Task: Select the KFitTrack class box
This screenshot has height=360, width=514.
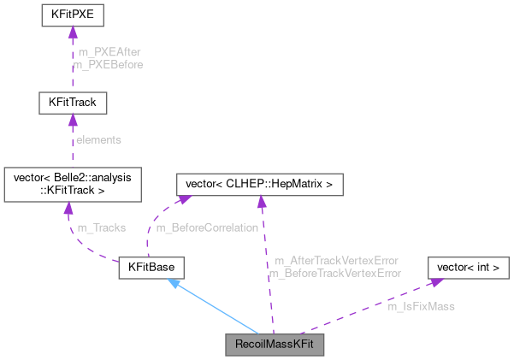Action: click(72, 103)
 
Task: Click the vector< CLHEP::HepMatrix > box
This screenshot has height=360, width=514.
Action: click(259, 184)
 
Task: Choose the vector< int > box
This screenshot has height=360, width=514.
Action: click(468, 268)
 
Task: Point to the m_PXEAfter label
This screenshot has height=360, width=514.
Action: click(109, 52)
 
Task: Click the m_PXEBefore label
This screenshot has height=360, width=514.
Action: click(109, 64)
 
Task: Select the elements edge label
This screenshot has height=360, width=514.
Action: click(99, 139)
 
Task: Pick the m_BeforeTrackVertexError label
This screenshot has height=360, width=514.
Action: click(335, 273)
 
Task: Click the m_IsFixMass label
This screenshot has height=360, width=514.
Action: click(421, 305)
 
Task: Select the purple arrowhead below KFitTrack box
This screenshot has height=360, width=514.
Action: click(72, 121)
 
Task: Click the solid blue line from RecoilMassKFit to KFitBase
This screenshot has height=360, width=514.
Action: click(218, 310)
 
